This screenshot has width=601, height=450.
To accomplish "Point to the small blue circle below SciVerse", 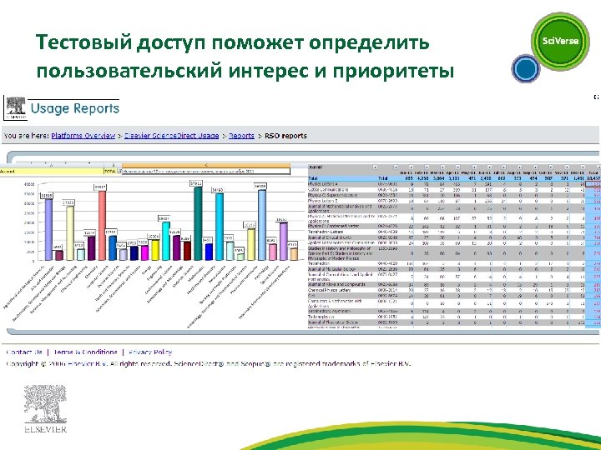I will (524, 67).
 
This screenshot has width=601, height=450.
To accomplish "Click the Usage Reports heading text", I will (75, 108).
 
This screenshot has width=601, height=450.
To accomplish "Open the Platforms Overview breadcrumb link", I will (83, 135).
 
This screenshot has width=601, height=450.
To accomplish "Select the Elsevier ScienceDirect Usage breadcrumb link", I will (171, 135).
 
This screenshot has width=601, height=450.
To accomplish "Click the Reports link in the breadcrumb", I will (241, 135).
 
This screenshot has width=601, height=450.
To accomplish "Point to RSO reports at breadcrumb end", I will (283, 135).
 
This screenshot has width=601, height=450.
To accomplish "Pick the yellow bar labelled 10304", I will (154, 250).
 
